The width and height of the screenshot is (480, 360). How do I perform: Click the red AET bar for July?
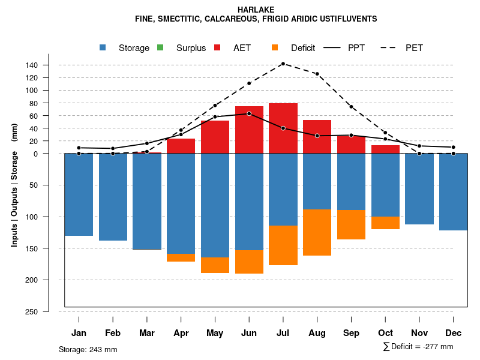pyautogui.click(x=283, y=128)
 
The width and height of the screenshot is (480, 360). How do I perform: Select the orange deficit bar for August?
pyautogui.click(x=317, y=232)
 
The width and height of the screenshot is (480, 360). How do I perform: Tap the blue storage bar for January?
pyautogui.click(x=79, y=194)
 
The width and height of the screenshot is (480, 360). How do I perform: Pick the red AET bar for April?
pyautogui.click(x=181, y=146)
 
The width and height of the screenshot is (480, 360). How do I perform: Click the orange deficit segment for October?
pyautogui.click(x=385, y=223)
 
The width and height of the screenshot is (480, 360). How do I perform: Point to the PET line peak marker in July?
pyautogui.click(x=283, y=64)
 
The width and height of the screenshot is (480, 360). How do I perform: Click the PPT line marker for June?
pyautogui.click(x=249, y=113)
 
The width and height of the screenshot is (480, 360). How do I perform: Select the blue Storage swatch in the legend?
pyautogui.click(x=103, y=47)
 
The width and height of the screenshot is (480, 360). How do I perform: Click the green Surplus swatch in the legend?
pyautogui.click(x=160, y=47)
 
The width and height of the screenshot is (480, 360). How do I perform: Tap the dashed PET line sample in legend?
pyautogui.click(x=391, y=47)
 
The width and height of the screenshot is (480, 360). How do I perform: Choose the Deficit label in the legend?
pyautogui.click(x=303, y=48)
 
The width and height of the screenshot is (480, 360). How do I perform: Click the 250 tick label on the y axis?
pyautogui.click(x=49, y=311)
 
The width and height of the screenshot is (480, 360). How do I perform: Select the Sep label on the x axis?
pyautogui.click(x=352, y=333)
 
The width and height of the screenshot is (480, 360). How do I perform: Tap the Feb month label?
pyautogui.click(x=113, y=333)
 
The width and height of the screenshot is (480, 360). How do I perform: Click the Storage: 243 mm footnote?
pyautogui.click(x=88, y=349)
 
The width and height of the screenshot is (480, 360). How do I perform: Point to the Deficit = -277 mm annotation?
pyautogui.click(x=418, y=347)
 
